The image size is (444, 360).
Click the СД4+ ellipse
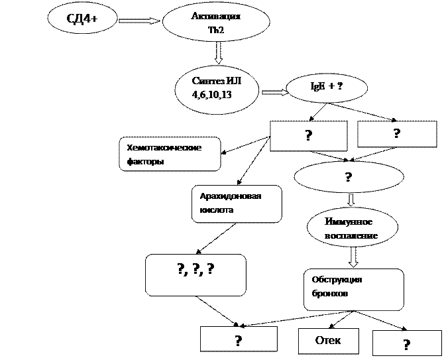click(82, 19)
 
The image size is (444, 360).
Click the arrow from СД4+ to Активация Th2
click(139, 21)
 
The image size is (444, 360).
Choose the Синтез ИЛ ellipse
click(217, 88)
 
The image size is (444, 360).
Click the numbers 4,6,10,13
click(212, 95)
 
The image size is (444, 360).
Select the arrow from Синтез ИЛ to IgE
click(274, 92)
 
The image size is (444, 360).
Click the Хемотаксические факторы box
click(170, 154)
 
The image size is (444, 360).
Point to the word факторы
click(145, 161)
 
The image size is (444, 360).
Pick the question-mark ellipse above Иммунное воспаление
click(348, 177)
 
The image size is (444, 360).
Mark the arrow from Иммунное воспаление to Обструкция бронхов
click(353, 257)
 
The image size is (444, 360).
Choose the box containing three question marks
click(195, 274)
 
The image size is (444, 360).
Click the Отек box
click(328, 341)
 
